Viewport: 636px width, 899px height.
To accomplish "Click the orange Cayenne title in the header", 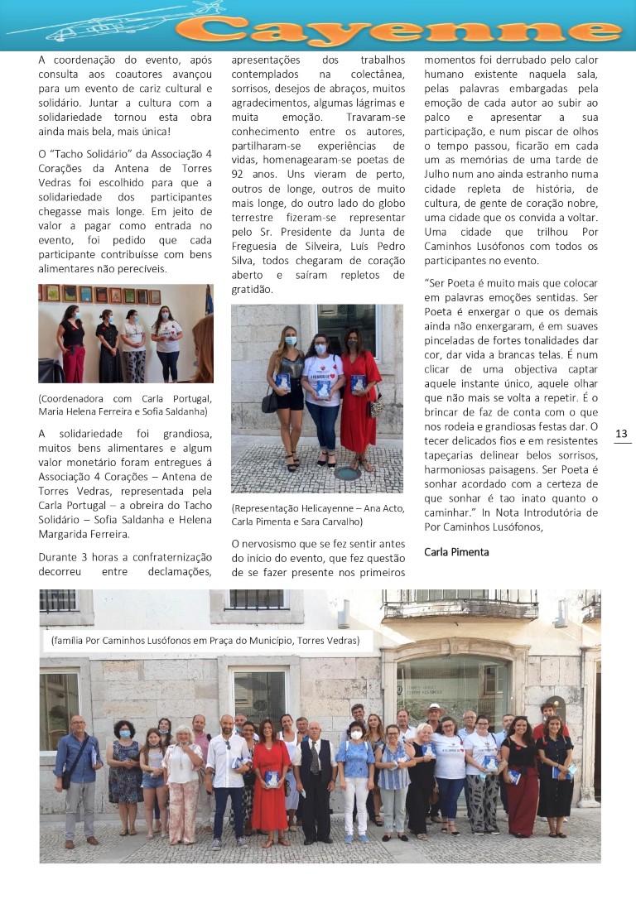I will tap(397, 27).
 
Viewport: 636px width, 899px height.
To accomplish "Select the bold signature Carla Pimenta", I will tap(456, 551).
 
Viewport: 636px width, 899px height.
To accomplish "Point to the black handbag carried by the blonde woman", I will tap(270, 403).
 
